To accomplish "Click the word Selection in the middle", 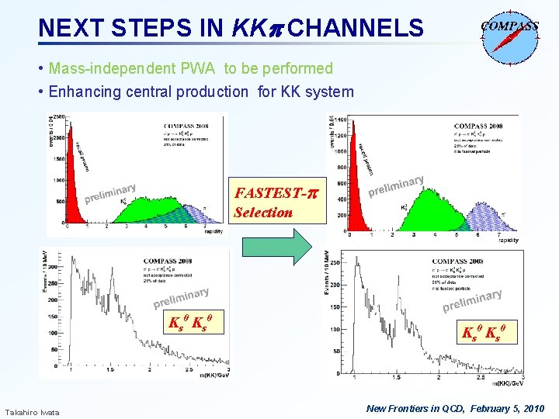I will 263,212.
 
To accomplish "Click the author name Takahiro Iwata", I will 32,411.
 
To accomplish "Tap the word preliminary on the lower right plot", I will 472,301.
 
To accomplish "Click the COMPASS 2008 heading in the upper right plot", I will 477,126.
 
